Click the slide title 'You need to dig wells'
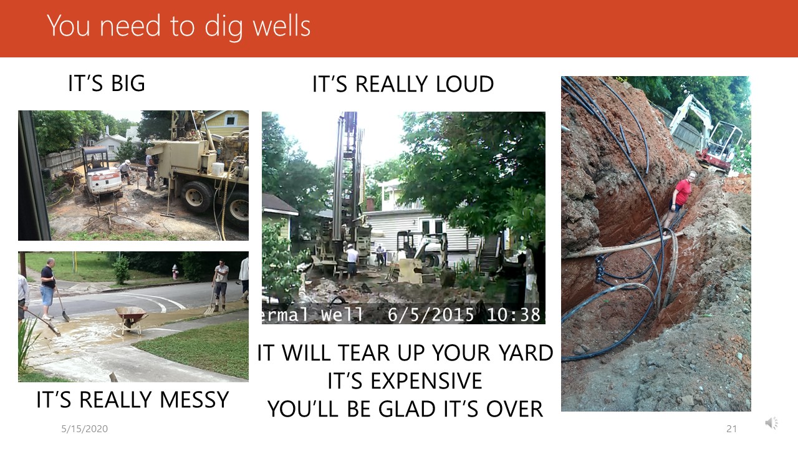pos(178,26)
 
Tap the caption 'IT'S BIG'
pos(107,84)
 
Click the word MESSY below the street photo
pos(194,400)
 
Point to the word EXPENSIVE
pos(426,380)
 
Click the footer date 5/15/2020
pos(84,429)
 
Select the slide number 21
pos(731,429)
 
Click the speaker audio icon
pos(772,423)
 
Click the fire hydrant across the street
pos(175,271)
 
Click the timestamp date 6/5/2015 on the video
pos(431,315)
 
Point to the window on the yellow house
pos(231,120)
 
